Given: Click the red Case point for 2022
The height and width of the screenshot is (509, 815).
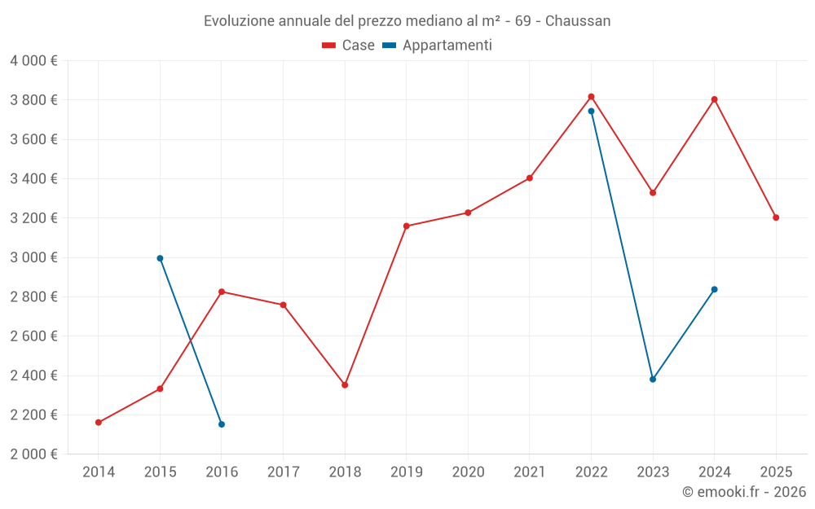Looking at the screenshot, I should click(x=591, y=97).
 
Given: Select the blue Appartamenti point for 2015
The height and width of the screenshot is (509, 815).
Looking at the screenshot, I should click(x=160, y=258).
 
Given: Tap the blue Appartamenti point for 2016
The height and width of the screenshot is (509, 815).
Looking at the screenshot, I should click(x=222, y=424).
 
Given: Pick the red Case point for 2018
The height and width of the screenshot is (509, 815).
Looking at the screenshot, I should click(x=345, y=384).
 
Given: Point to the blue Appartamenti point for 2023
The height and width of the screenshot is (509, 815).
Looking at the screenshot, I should click(x=653, y=380).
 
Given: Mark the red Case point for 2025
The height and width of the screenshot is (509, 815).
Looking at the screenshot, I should click(x=776, y=217).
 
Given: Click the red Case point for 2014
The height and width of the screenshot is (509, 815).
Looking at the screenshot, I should click(x=99, y=423).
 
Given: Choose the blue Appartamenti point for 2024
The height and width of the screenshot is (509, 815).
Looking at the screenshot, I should click(x=714, y=289).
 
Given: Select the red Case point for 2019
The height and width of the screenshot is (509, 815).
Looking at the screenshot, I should click(x=407, y=226).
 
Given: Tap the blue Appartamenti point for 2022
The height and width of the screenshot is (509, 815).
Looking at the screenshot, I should click(x=591, y=112).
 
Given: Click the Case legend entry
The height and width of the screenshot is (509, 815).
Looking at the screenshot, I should click(x=349, y=46).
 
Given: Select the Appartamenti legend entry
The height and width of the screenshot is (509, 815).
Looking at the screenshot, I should click(x=438, y=46).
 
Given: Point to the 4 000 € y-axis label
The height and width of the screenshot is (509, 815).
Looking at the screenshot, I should click(x=33, y=61).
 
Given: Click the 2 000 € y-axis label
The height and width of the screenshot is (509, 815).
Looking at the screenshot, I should click(x=33, y=454).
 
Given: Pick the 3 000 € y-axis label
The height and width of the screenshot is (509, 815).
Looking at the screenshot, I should click(x=33, y=257).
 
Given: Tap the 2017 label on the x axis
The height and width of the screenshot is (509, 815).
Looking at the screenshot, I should click(x=283, y=472).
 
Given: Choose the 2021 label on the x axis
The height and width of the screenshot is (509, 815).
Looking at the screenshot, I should click(x=530, y=472).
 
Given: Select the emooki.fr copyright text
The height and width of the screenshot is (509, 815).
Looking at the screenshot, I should click(x=744, y=492).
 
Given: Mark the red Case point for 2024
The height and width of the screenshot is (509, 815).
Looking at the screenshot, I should click(x=714, y=99).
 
